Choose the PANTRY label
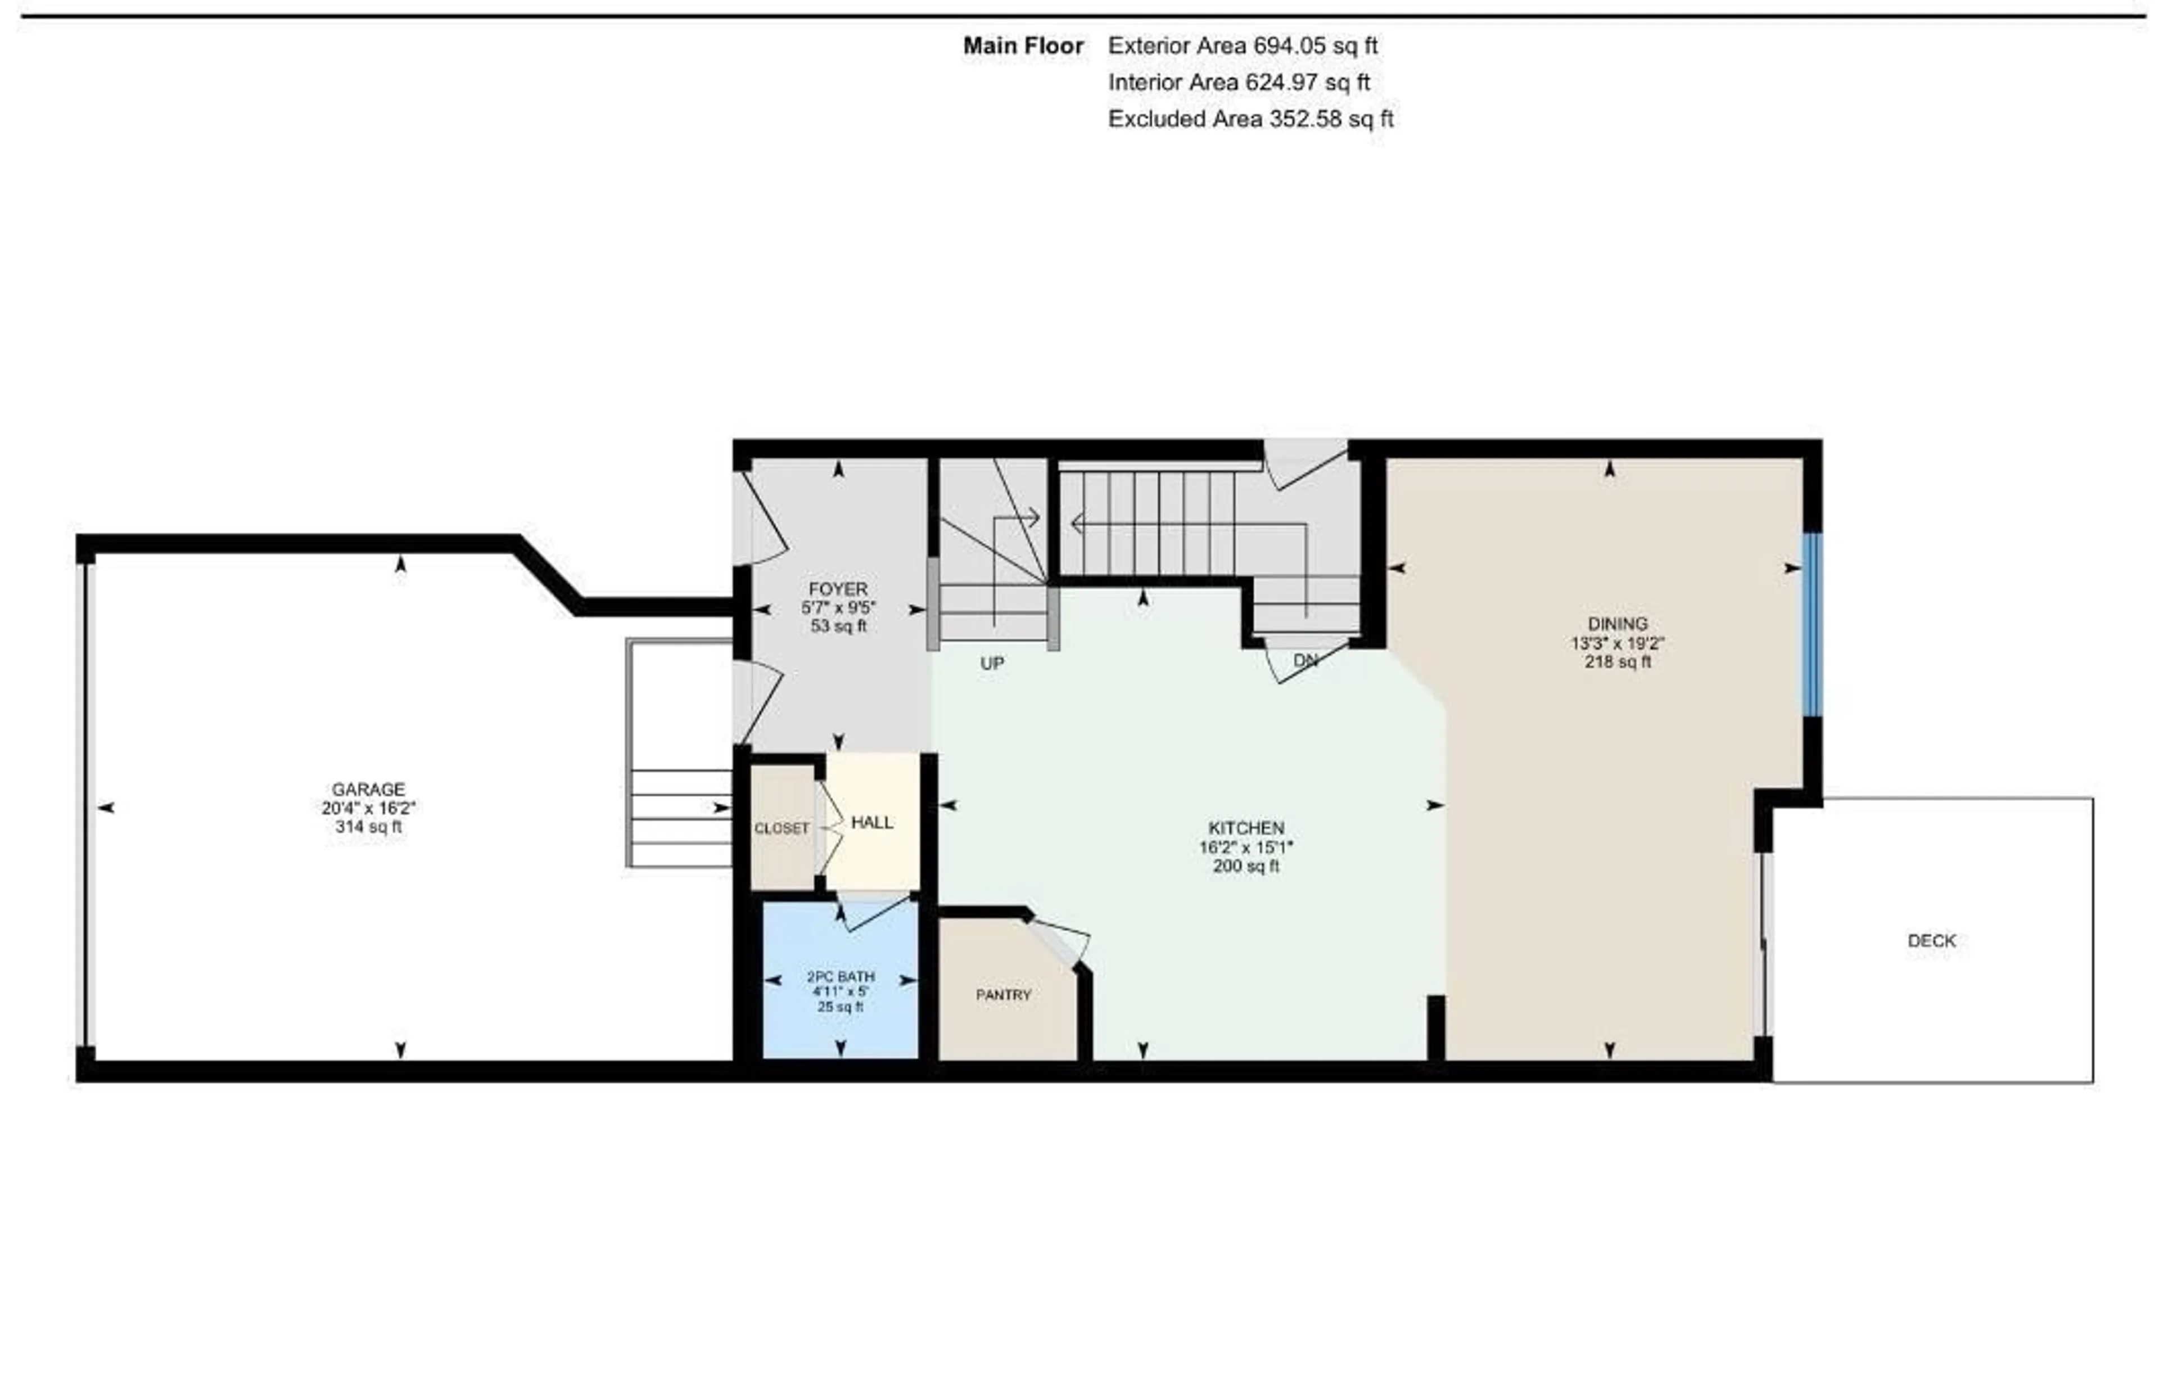point(1003,994)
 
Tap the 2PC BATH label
point(840,976)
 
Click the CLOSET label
point(781,828)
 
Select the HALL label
point(871,822)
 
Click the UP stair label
point(992,664)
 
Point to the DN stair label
point(1306,660)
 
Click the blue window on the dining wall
point(1812,625)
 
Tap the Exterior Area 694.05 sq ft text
point(1242,46)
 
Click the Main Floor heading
point(1023,46)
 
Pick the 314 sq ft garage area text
point(368,827)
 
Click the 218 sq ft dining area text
point(1618,662)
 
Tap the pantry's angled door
point(1058,943)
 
